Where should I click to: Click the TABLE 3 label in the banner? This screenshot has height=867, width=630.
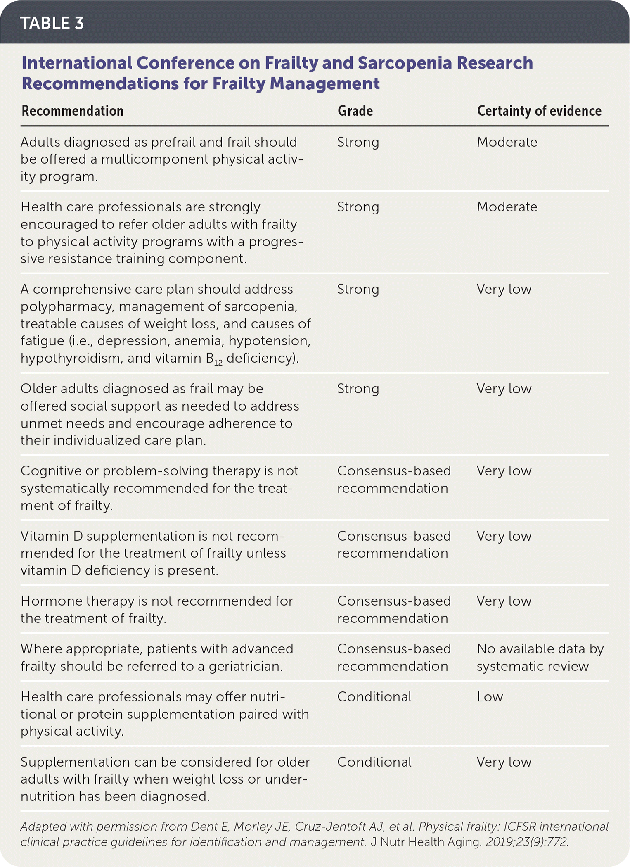coord(52,23)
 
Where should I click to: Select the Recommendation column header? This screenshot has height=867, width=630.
coord(72,111)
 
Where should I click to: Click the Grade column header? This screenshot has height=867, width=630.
coord(355,111)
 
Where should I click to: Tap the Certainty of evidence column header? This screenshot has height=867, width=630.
coord(539,111)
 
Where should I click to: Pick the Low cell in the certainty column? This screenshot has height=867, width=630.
coord(490,697)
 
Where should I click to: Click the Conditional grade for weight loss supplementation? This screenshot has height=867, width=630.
coord(374,762)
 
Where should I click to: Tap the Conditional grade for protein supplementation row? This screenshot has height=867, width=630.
coord(374,697)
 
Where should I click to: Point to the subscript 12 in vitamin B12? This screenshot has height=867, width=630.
coord(218,363)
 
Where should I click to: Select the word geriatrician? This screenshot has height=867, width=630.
coord(246,666)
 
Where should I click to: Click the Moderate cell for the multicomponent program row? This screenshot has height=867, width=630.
coord(507,142)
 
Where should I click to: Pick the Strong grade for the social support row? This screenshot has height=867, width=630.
coord(358,389)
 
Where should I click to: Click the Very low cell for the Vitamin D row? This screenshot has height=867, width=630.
coord(504,536)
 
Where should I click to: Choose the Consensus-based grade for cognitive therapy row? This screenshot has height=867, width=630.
coord(393,480)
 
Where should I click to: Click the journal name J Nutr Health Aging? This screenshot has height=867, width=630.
coord(426,842)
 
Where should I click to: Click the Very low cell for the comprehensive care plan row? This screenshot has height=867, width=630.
coord(504,289)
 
